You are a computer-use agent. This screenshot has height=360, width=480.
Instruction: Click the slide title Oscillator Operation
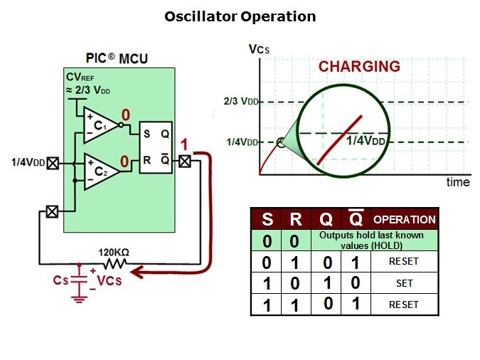[240, 16]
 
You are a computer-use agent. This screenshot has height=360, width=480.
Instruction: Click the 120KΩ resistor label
[114, 251]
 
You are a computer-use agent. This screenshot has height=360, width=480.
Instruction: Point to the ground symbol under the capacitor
[79, 299]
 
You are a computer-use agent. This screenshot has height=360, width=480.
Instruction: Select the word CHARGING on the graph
[358, 67]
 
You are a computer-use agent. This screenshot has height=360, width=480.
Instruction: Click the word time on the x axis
[458, 182]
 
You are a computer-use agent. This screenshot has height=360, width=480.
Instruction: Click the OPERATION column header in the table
[404, 219]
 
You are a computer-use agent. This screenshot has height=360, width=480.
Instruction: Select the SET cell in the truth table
[404, 283]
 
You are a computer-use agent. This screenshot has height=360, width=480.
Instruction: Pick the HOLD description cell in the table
[371, 240]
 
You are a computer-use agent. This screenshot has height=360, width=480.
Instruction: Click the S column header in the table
[267, 219]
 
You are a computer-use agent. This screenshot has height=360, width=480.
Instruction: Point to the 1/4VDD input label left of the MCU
[28, 163]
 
